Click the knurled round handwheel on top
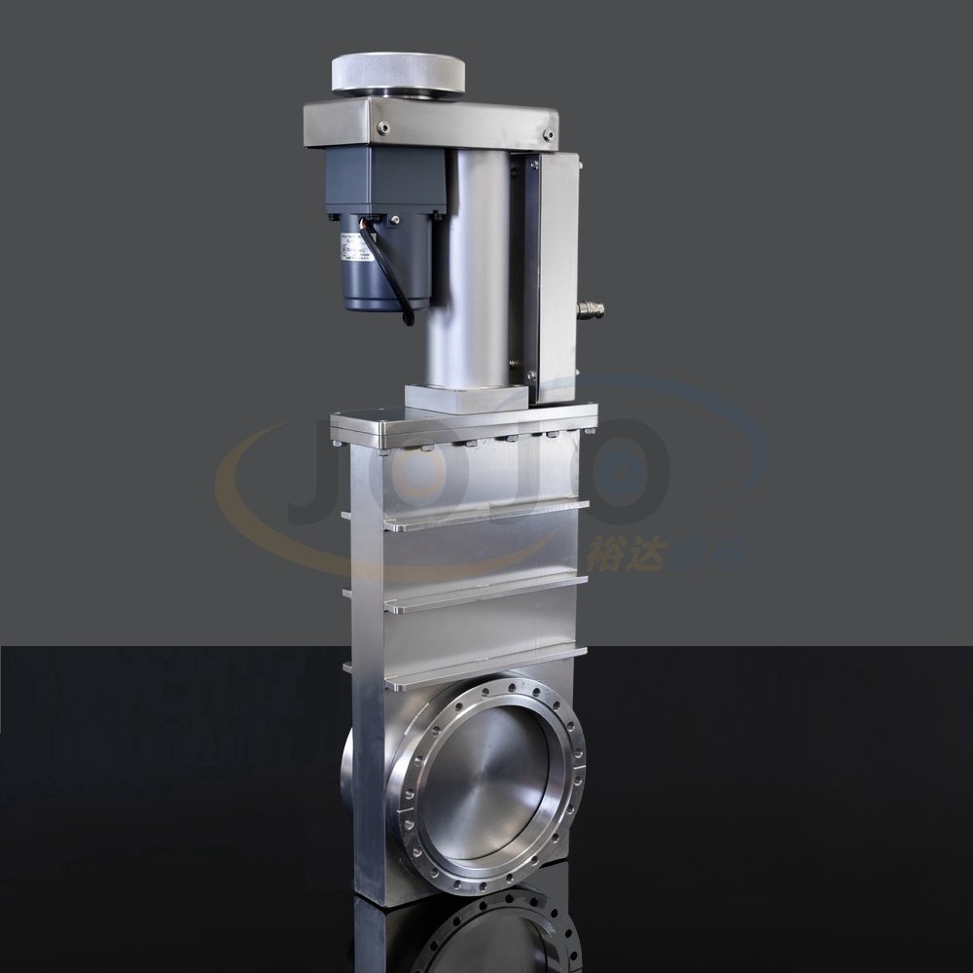tap(397, 72)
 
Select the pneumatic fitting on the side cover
tap(590, 310)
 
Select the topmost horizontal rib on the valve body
tap(486, 515)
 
